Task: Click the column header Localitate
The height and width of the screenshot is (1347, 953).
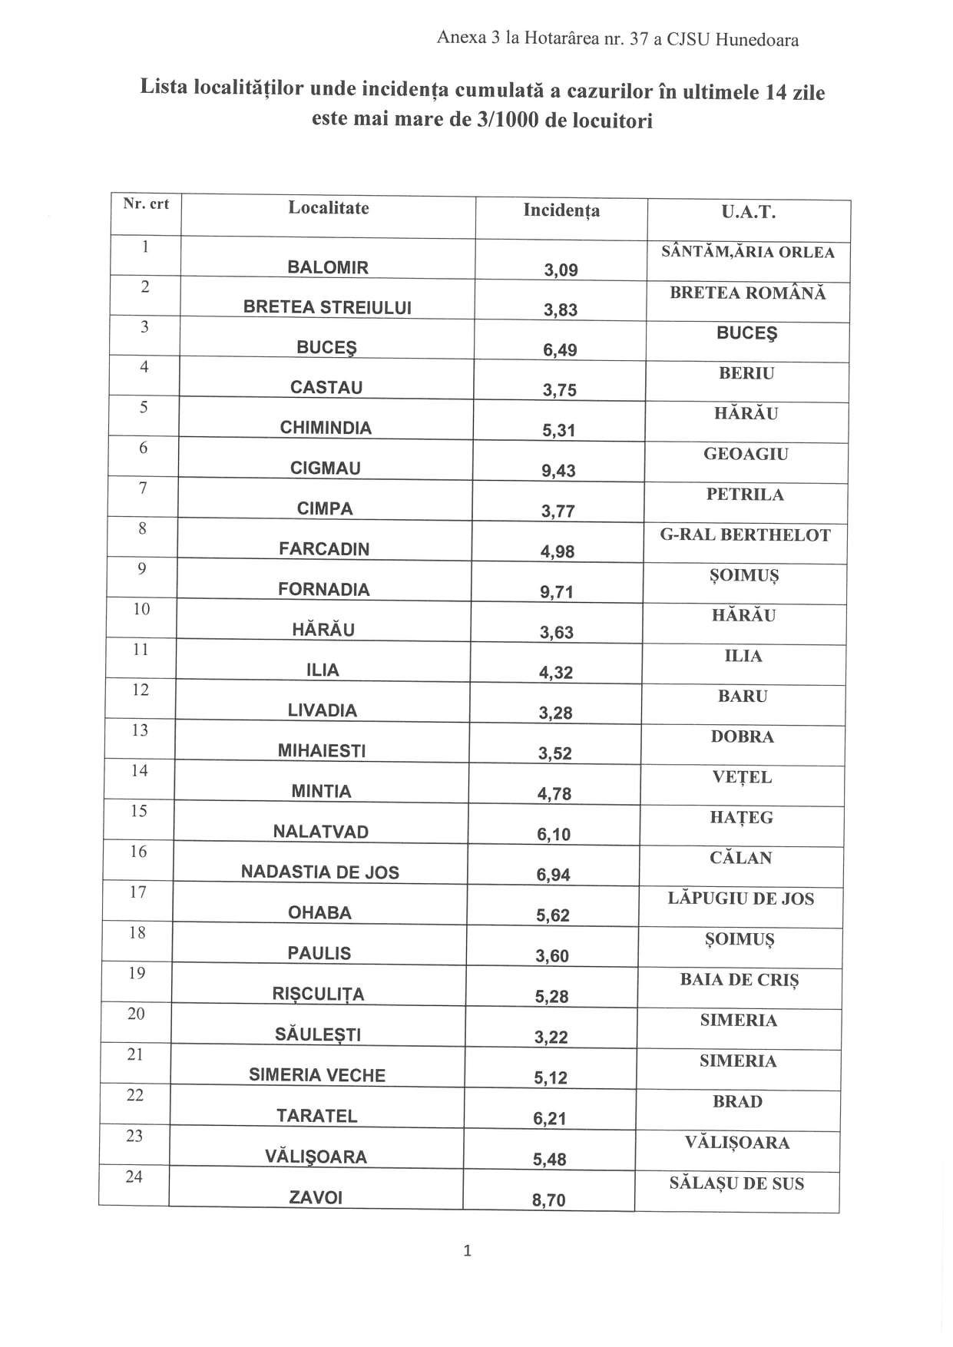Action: (328, 208)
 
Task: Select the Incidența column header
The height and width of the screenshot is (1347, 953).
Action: (561, 210)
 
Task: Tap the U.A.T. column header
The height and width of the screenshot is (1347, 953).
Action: (748, 213)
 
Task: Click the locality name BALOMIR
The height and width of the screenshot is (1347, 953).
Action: (328, 267)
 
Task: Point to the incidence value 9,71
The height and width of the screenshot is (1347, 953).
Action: (557, 592)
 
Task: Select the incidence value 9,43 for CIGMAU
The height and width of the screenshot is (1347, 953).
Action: (558, 471)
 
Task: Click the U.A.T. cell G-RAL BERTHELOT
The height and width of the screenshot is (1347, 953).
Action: (745, 535)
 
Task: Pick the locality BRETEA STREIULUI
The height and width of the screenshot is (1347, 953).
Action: (327, 307)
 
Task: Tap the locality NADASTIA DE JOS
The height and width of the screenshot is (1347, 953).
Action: (320, 872)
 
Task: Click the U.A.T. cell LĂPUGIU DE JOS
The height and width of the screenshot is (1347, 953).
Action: (740, 899)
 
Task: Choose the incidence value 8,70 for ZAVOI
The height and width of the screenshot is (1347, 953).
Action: (548, 1200)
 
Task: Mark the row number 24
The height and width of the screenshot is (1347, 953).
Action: (134, 1177)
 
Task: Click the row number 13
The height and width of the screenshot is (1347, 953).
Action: (140, 730)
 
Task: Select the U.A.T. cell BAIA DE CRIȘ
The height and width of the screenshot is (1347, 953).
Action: (739, 980)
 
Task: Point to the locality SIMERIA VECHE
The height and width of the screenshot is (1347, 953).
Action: (317, 1075)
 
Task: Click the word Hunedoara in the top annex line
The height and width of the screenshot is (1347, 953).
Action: (756, 40)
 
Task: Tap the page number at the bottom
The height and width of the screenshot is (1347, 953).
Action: (468, 1251)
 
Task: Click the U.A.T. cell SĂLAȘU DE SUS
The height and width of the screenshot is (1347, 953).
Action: (736, 1183)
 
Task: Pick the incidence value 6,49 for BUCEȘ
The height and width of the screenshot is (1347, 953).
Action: (560, 350)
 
